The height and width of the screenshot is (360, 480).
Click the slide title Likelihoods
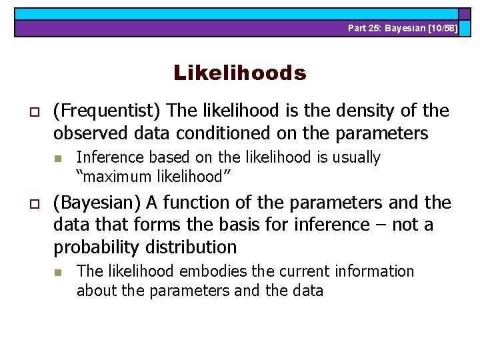(240, 73)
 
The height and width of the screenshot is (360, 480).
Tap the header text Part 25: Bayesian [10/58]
(403, 28)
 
